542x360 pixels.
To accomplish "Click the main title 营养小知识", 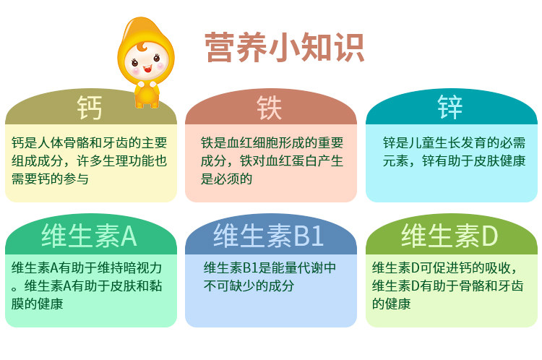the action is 284,48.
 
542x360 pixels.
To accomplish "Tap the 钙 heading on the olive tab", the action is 89,108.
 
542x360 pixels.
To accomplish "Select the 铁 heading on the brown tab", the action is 270,108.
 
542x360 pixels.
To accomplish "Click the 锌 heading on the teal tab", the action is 449,107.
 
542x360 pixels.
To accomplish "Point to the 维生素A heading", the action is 89,236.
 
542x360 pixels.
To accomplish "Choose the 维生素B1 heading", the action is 269,236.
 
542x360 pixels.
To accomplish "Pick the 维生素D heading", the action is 449,236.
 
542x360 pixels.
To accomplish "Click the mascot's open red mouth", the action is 147,69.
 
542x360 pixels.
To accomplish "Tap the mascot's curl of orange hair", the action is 142,47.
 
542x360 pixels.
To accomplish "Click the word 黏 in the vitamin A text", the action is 156,286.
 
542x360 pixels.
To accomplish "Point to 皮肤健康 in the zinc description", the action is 499,160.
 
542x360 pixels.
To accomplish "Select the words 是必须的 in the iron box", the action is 226,179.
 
